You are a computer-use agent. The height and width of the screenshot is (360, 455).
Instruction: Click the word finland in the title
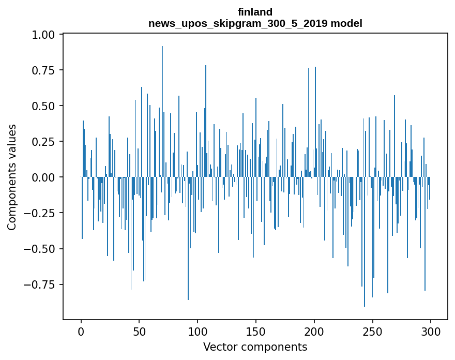coord(255,12)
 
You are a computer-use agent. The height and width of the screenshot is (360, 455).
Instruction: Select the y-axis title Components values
coord(12,177)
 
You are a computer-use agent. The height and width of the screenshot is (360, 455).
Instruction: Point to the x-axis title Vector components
coord(255,347)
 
